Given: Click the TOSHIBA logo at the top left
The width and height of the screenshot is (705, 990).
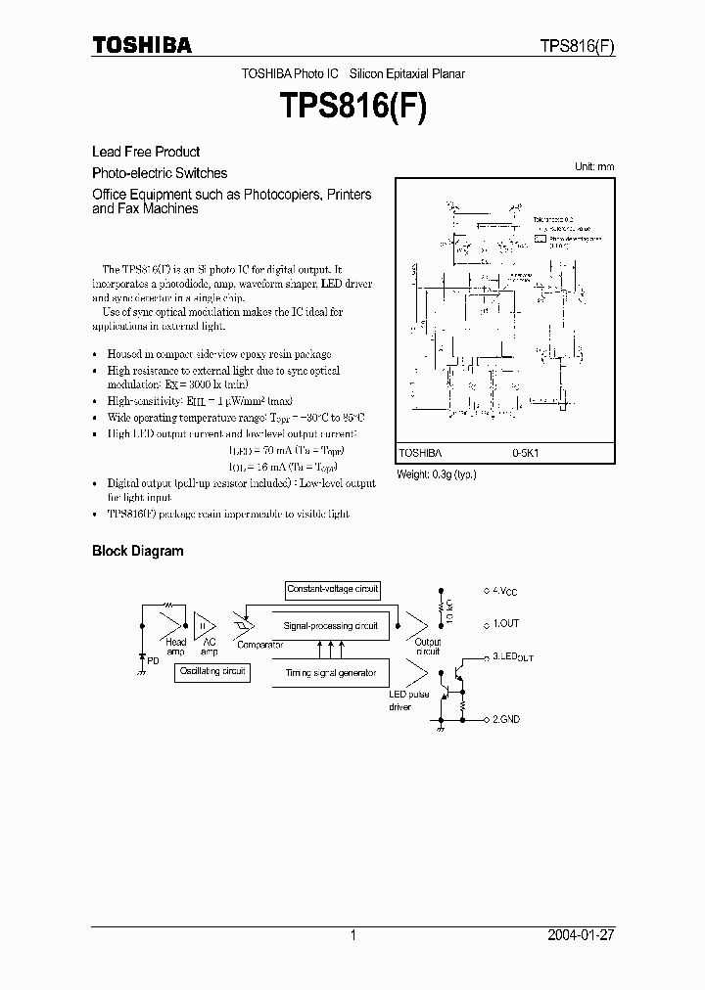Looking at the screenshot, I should click(142, 45).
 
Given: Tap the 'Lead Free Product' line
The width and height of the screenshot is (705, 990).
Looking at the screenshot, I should click(146, 152).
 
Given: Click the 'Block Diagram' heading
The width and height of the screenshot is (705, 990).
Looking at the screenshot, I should click(137, 551).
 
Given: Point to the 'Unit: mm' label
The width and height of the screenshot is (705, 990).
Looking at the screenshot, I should click(594, 167).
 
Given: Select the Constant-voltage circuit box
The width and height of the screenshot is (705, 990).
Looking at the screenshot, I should click(332, 590).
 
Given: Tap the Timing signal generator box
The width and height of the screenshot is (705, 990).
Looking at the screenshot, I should click(330, 673).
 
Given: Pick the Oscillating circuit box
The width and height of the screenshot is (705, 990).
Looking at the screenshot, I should click(212, 672).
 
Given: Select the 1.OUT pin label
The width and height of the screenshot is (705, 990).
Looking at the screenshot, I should click(505, 623).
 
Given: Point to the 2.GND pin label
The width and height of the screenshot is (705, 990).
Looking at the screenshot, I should click(506, 719).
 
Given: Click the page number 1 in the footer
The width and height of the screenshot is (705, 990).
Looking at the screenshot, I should click(352, 935).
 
